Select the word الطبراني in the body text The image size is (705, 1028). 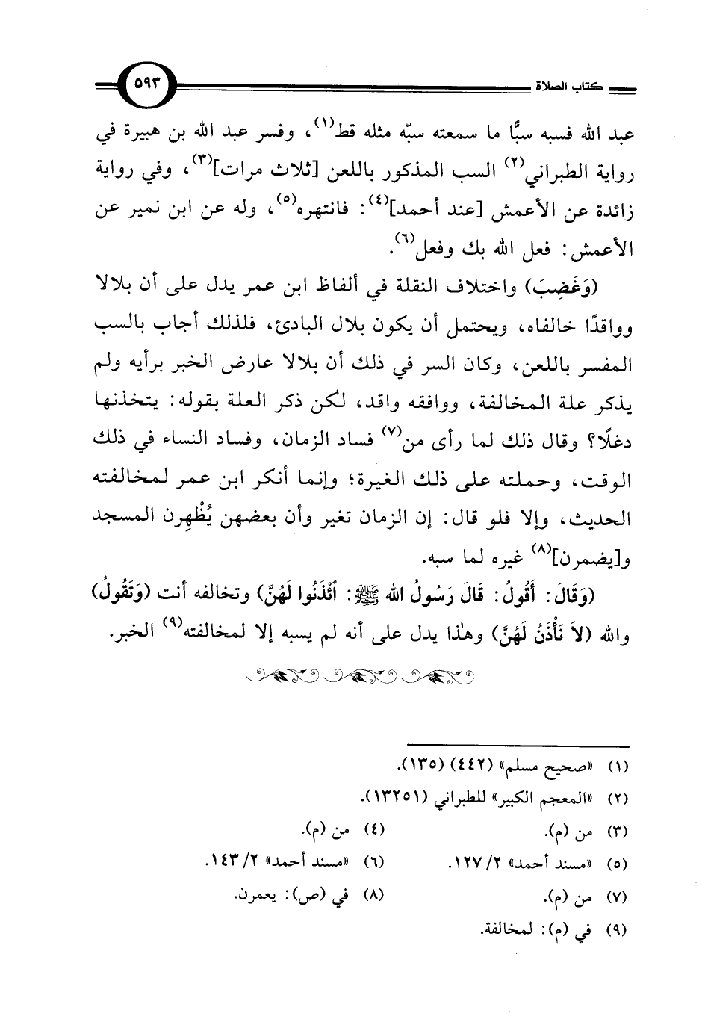coord(549,173)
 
